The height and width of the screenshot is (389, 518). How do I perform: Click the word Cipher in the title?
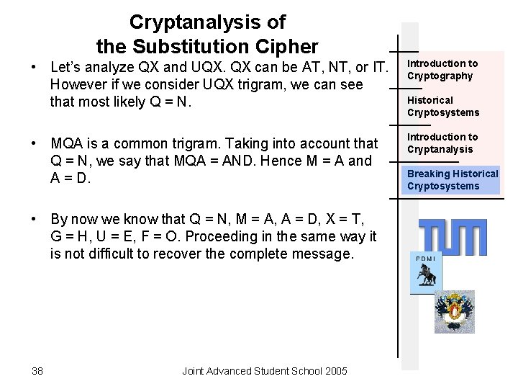(x=284, y=48)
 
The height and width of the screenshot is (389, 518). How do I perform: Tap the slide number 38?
(x=37, y=371)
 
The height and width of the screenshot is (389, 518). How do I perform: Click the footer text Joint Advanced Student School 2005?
(x=265, y=371)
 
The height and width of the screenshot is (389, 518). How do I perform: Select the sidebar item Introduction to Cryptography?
(x=442, y=70)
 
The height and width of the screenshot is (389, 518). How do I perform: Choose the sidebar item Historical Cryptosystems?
(x=442, y=106)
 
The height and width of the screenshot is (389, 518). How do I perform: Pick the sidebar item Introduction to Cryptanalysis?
(x=442, y=143)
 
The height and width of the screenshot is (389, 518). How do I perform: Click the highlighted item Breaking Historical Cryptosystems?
(x=453, y=179)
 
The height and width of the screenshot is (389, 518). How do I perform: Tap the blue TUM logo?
(x=453, y=236)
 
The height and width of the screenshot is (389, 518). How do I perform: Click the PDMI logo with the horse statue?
(x=425, y=274)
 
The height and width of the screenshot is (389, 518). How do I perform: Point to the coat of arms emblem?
(x=454, y=311)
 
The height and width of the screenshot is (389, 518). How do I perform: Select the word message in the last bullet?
(x=327, y=254)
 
